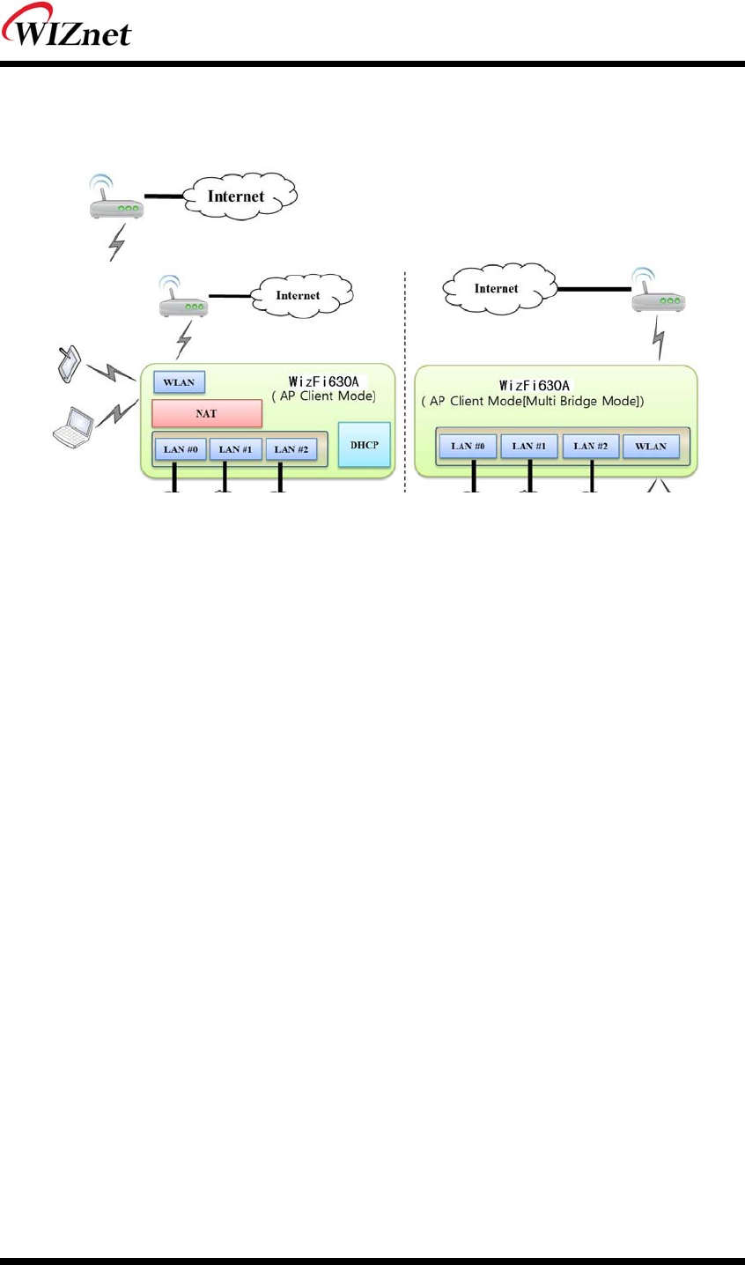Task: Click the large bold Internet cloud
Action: pyautogui.click(x=236, y=196)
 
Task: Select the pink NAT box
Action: pyautogui.click(x=207, y=413)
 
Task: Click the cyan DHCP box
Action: pyautogui.click(x=364, y=444)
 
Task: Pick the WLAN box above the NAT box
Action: pyautogui.click(x=179, y=382)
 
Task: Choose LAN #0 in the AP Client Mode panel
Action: pyautogui.click(x=180, y=449)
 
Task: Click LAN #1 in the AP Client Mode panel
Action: pyautogui.click(x=235, y=449)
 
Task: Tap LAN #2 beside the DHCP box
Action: pyautogui.click(x=291, y=449)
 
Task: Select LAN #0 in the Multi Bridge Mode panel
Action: pyautogui.click(x=468, y=446)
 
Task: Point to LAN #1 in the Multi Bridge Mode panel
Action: pyautogui.click(x=529, y=446)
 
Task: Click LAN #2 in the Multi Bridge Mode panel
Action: pyautogui.click(x=590, y=446)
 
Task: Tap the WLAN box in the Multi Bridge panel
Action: pyautogui.click(x=651, y=446)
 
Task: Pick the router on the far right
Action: pyautogui.click(x=658, y=294)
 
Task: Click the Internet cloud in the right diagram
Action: pyautogui.click(x=496, y=289)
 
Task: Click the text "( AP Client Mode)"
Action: pyautogui.click(x=323, y=396)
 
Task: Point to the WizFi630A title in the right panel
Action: pyautogui.click(x=535, y=385)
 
